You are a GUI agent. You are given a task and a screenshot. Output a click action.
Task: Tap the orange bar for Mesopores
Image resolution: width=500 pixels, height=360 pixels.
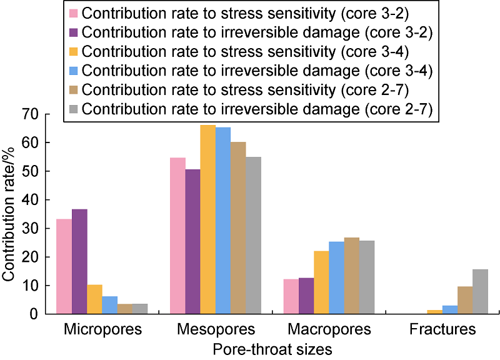207,219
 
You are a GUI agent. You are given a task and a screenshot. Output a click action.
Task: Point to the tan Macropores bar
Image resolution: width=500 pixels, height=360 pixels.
352,276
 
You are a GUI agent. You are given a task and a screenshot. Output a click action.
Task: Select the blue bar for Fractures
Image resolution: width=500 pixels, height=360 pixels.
449,309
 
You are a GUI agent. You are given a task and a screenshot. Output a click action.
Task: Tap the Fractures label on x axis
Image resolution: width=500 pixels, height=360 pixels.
442,329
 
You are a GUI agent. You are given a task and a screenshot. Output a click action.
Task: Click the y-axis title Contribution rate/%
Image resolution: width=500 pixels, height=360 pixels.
11,214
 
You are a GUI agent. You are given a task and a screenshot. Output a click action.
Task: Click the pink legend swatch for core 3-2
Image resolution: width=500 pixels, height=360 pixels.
73,13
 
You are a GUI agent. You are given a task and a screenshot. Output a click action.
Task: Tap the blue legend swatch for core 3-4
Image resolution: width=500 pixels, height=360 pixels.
73,69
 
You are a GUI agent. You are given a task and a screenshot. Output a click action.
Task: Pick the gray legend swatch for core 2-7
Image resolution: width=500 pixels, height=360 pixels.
73,107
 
